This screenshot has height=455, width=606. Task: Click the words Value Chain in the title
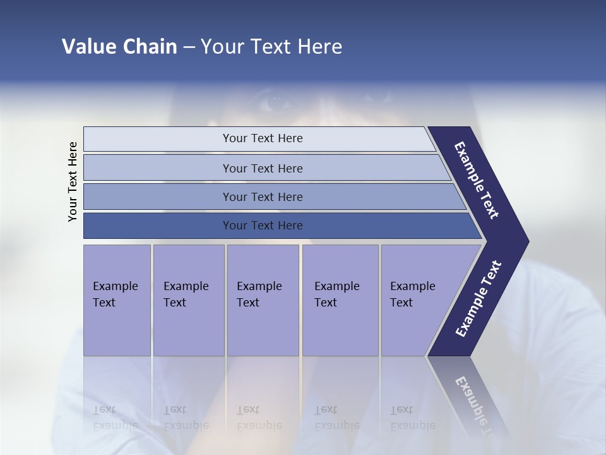tap(119, 47)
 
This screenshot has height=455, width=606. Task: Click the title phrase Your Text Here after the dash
tap(271, 47)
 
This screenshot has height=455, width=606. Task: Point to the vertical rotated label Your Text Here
tap(73, 182)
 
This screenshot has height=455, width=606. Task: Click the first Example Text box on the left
tap(117, 300)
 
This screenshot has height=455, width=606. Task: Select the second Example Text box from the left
tap(188, 300)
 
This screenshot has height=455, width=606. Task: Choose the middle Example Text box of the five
tap(263, 300)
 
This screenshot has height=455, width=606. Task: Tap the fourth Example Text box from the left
tap(340, 300)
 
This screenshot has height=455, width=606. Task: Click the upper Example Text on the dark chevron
tap(477, 180)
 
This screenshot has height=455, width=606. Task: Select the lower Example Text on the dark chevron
tap(478, 299)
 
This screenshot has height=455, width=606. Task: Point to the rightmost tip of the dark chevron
tap(528, 241)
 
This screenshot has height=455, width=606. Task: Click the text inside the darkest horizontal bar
tap(263, 226)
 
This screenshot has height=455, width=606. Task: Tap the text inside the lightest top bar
tap(263, 138)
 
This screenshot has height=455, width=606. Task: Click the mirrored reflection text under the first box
tap(116, 418)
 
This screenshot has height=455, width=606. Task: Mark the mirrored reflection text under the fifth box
tap(412, 418)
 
